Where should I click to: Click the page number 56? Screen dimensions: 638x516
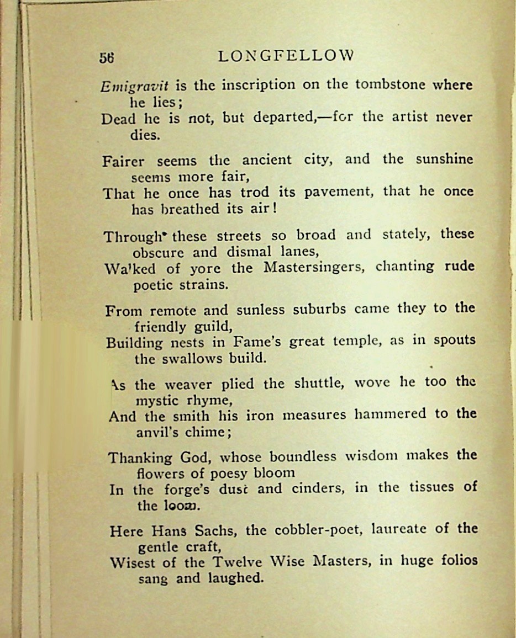107,57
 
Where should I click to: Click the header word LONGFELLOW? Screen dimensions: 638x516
286,56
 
